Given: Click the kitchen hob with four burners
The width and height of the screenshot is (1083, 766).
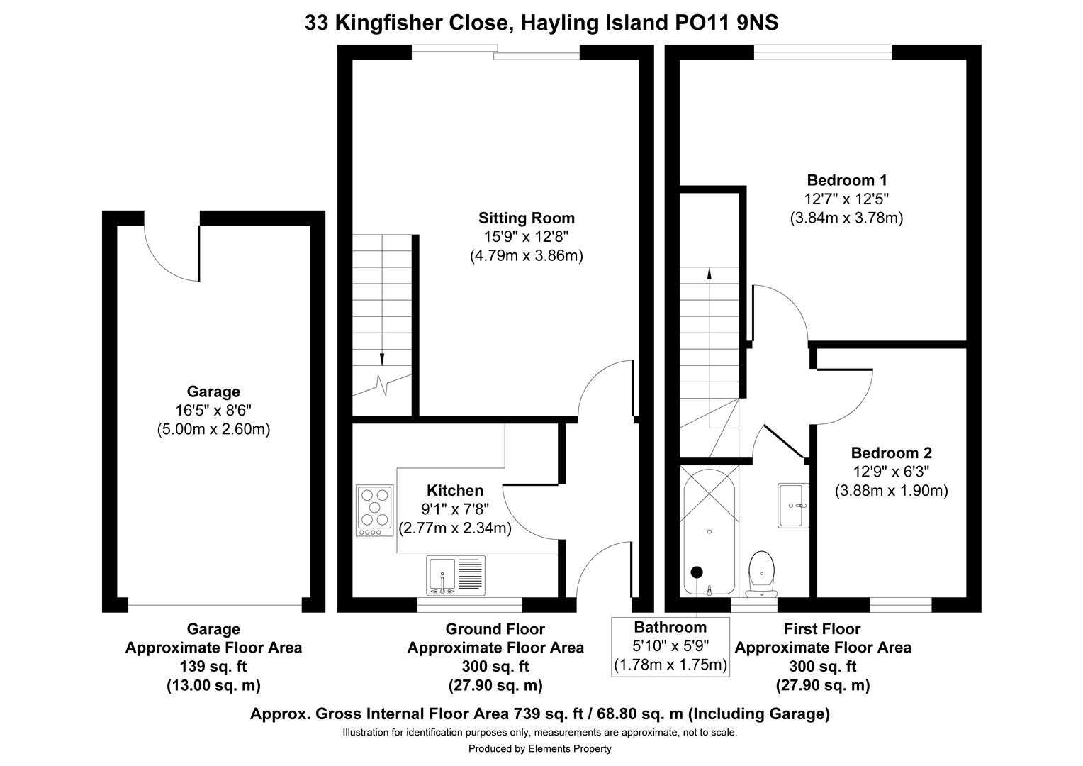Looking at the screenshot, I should [375, 510].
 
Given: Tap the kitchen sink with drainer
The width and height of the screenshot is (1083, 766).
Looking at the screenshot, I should [456, 574].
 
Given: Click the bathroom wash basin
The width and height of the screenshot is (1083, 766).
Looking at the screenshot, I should [793, 505].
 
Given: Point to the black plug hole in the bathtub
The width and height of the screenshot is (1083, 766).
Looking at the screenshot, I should [697, 572].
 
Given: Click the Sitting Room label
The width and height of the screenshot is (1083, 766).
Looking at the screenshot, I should [526, 218].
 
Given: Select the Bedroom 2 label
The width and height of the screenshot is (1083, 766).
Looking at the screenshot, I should [891, 453].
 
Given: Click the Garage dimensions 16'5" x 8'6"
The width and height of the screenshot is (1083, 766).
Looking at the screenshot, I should [213, 410].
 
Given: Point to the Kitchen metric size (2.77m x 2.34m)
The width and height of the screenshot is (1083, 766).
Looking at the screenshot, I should [455, 528].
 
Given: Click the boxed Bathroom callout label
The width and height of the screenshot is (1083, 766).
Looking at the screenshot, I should [670, 646].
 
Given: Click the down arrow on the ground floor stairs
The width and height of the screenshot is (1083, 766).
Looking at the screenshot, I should [382, 359].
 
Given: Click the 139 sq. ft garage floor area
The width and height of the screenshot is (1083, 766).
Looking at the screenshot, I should [213, 667].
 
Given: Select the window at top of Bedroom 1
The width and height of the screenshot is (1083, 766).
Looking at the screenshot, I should [823, 51].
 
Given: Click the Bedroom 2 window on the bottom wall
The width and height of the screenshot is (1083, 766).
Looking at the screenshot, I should [900, 605].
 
